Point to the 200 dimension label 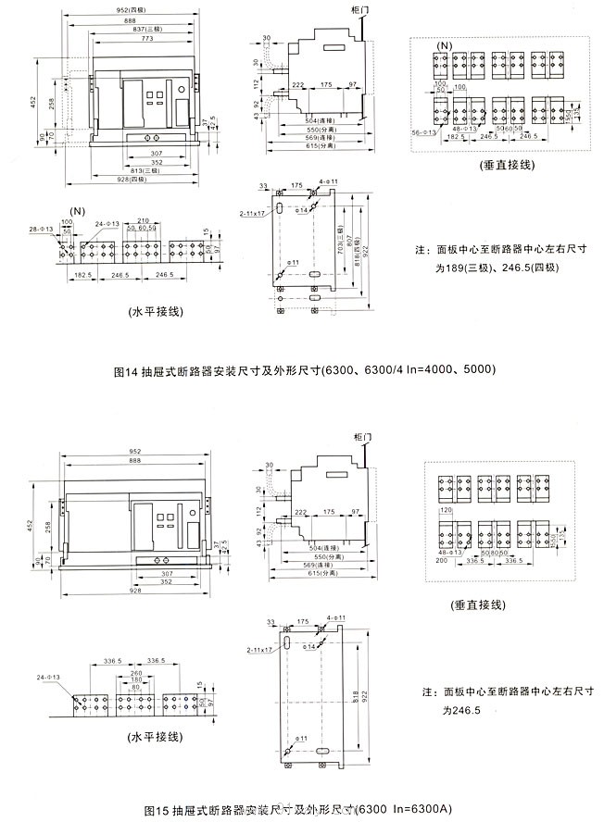(440, 561)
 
